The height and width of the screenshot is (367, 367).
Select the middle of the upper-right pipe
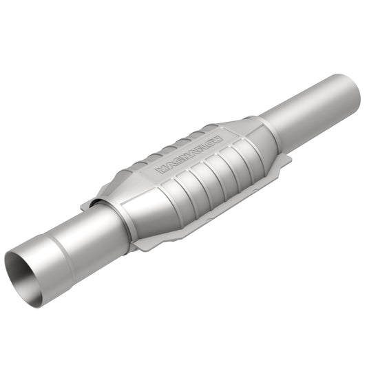tap(310, 109)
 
